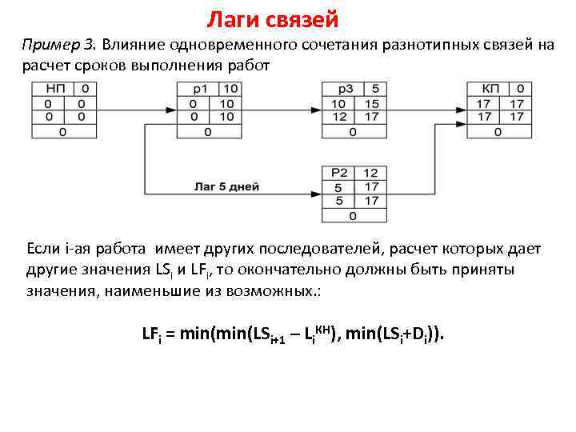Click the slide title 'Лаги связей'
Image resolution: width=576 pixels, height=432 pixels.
273,18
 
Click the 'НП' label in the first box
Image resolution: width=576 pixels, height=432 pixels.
56,89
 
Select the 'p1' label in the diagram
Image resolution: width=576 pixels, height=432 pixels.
199,89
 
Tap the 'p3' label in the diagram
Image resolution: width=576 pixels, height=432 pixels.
345,89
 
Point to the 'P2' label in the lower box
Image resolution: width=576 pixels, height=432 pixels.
342,173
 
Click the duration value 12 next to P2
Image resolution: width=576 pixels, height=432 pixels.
370,173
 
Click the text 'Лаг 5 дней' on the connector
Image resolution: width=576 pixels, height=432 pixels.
226,186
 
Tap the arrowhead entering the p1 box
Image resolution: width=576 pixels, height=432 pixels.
173,110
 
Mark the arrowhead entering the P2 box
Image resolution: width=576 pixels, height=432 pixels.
317,194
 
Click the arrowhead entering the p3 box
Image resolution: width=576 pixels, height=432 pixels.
318,110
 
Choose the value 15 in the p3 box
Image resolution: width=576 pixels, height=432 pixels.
370,104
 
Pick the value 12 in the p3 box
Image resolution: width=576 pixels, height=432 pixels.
338,118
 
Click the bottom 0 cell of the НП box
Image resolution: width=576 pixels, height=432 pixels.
62,132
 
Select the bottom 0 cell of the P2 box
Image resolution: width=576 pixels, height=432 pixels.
351,216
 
